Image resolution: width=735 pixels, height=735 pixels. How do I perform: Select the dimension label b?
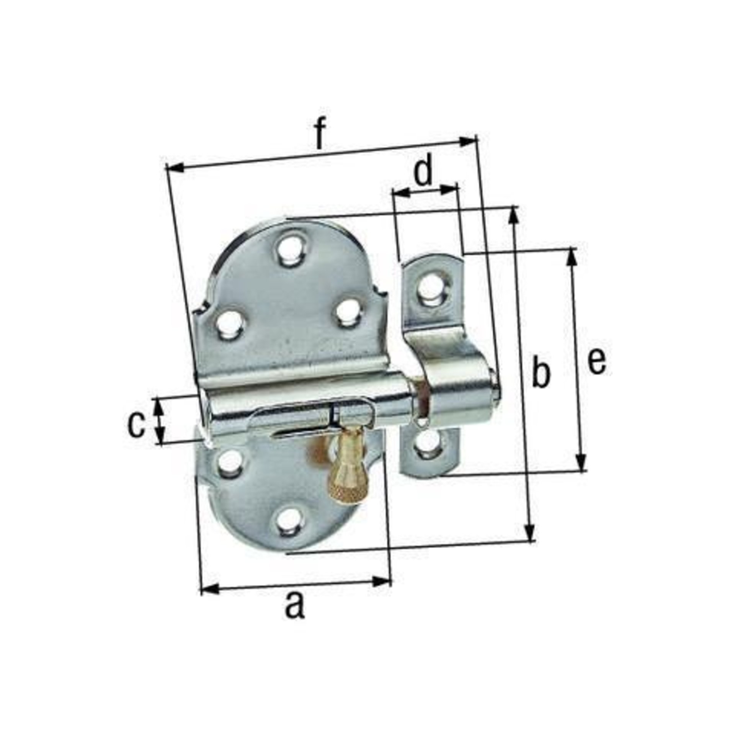[541, 370]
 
